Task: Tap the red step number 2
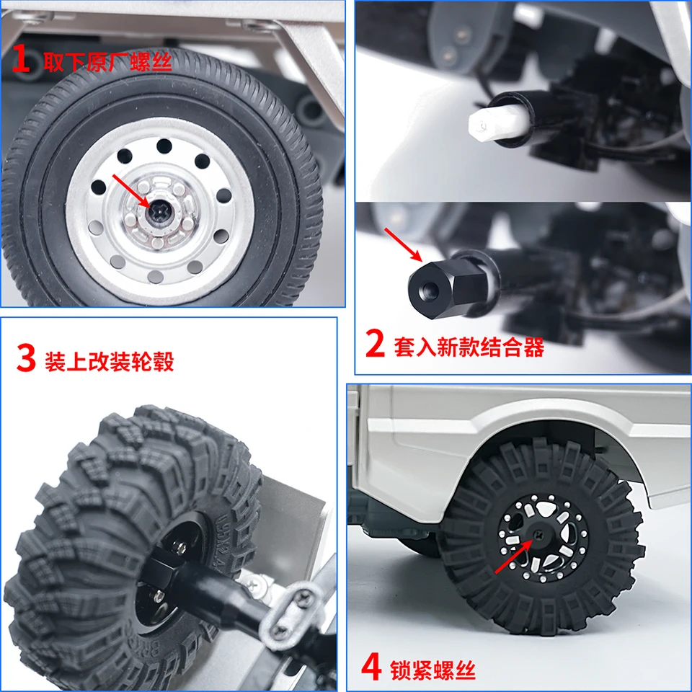tap(375, 344)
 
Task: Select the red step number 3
tap(26, 358)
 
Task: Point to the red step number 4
tap(371, 667)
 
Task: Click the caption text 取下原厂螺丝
tap(107, 61)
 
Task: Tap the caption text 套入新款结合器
tap(469, 347)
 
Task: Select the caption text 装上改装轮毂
tap(109, 362)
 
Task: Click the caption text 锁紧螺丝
tap(432, 670)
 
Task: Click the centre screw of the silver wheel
tap(158, 212)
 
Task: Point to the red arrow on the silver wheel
tap(131, 190)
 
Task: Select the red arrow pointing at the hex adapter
tap(403, 244)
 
